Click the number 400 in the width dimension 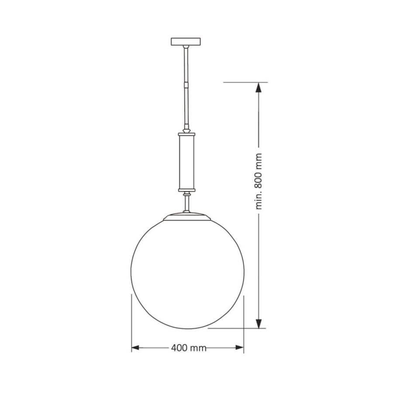pos(178,348)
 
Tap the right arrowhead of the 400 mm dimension pos(240,348)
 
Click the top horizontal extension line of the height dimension pos(245,82)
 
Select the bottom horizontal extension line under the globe pos(236,328)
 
